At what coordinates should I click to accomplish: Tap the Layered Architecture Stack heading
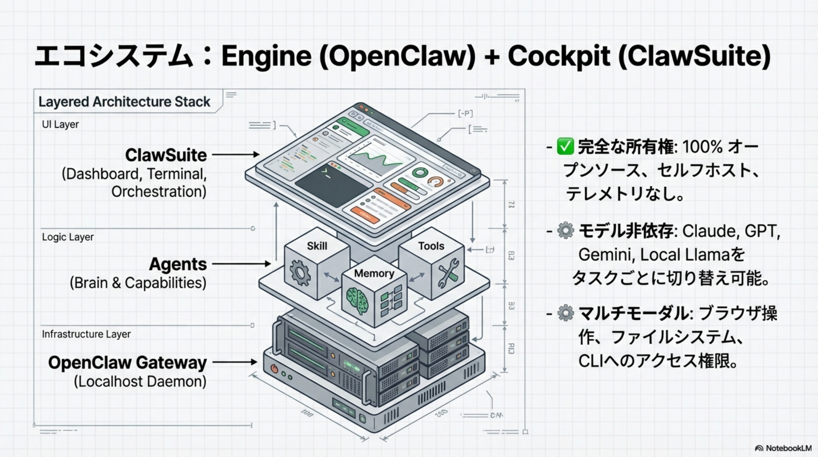(x=124, y=102)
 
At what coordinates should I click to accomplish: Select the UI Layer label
(x=60, y=124)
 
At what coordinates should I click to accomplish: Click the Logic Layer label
(x=68, y=237)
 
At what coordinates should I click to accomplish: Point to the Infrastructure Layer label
(x=86, y=334)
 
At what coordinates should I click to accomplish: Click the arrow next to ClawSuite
(x=235, y=154)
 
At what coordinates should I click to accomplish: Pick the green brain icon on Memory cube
(x=357, y=300)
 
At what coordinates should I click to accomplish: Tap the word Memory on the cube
(x=374, y=273)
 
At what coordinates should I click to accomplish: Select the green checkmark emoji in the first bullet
(x=565, y=146)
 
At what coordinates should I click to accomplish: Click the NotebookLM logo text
(x=788, y=448)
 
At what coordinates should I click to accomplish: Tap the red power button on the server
(x=274, y=369)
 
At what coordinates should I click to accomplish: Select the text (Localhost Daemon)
(x=140, y=381)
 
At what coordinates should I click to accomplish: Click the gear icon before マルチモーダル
(x=565, y=313)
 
